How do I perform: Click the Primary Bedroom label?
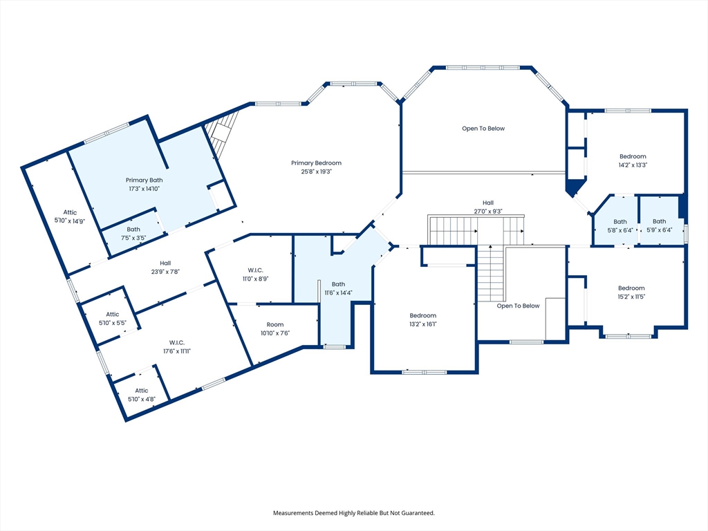316,163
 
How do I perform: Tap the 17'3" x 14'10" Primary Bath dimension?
144,189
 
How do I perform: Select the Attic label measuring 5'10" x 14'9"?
70,212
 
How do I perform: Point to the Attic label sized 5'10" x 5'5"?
113,315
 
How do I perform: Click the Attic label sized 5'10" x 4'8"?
141,391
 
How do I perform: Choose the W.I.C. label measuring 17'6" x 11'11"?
177,343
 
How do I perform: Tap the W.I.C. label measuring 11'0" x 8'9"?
256,270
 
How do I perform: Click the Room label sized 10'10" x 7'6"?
275,325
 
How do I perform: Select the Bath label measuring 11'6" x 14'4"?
338,284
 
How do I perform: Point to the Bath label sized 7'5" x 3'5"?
133,230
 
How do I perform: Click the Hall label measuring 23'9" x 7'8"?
165,263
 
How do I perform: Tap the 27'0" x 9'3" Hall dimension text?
488,212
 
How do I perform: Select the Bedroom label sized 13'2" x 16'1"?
423,315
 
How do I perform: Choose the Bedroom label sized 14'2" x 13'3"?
633,157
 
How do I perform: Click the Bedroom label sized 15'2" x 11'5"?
631,288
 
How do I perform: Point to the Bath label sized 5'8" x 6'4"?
620,222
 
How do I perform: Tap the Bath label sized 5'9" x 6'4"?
659,221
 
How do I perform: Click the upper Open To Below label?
483,129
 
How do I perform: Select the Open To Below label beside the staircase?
518,306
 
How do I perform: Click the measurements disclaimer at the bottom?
354,513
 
